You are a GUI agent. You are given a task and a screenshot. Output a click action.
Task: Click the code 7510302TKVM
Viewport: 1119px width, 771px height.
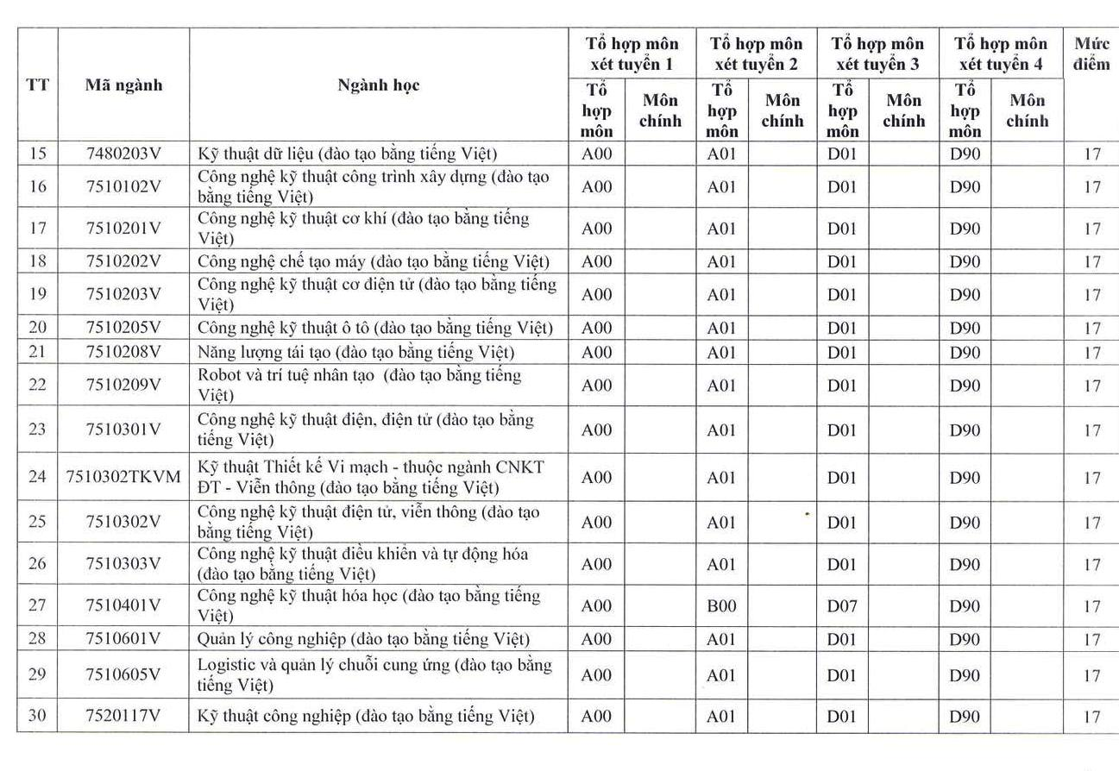[x=123, y=477]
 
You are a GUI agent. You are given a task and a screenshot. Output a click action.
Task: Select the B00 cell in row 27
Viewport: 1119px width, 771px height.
[x=721, y=606]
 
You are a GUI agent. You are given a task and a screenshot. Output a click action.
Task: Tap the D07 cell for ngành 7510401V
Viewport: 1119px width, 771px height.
[x=842, y=606]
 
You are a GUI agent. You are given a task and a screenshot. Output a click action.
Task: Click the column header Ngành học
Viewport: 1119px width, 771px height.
[x=378, y=85]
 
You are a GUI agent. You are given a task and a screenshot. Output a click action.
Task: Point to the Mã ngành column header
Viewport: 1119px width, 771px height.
[x=123, y=85]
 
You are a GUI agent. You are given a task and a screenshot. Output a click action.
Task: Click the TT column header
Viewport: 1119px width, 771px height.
[x=37, y=85]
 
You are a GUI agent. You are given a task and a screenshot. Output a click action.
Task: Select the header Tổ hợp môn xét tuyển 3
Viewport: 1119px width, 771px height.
[x=877, y=53]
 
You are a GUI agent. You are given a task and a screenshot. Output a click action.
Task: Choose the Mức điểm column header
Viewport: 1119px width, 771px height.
[x=1091, y=53]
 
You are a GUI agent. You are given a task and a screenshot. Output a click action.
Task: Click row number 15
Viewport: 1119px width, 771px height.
[x=37, y=154]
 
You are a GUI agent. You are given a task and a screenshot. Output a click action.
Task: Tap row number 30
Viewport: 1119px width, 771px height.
[x=37, y=716]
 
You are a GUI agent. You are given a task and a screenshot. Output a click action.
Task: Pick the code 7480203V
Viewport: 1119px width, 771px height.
[x=123, y=154]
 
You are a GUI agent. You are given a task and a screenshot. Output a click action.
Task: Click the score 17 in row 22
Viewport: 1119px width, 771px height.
[x=1092, y=385]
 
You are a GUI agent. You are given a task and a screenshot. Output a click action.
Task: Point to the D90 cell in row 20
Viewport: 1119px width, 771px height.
[x=965, y=328]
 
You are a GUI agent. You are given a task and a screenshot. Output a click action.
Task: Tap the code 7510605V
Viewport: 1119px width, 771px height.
[x=123, y=674]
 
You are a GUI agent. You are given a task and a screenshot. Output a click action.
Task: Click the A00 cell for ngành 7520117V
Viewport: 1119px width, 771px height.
[x=596, y=716]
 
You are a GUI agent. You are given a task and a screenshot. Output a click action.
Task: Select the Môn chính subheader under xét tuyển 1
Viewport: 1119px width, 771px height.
[x=660, y=110]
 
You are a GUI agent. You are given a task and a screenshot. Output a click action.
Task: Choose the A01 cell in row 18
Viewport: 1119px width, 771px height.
[x=721, y=261]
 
